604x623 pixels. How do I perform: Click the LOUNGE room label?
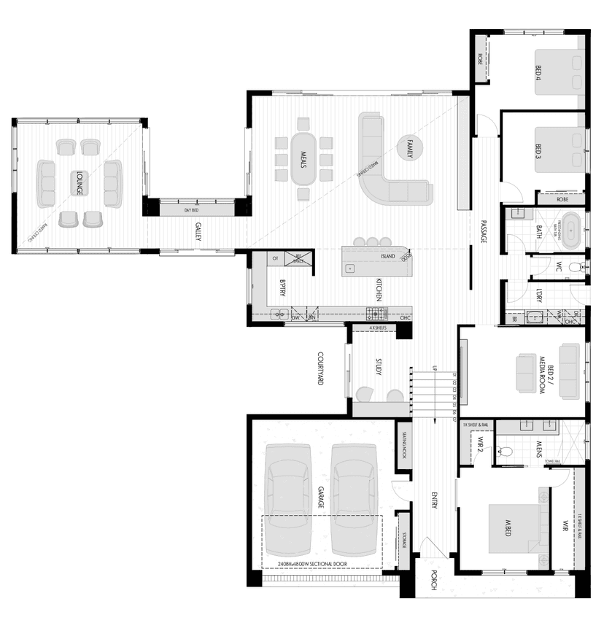click(77, 182)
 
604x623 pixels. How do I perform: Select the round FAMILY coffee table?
click(409, 148)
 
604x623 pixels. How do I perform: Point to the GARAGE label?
click(320, 499)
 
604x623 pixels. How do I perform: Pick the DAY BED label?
click(191, 210)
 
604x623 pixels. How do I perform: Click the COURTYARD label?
click(321, 368)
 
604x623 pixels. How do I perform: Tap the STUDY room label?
click(379, 367)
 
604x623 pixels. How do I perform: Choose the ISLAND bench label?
click(387, 258)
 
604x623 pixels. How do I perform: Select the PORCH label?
click(433, 578)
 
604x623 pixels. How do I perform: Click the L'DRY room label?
click(538, 295)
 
